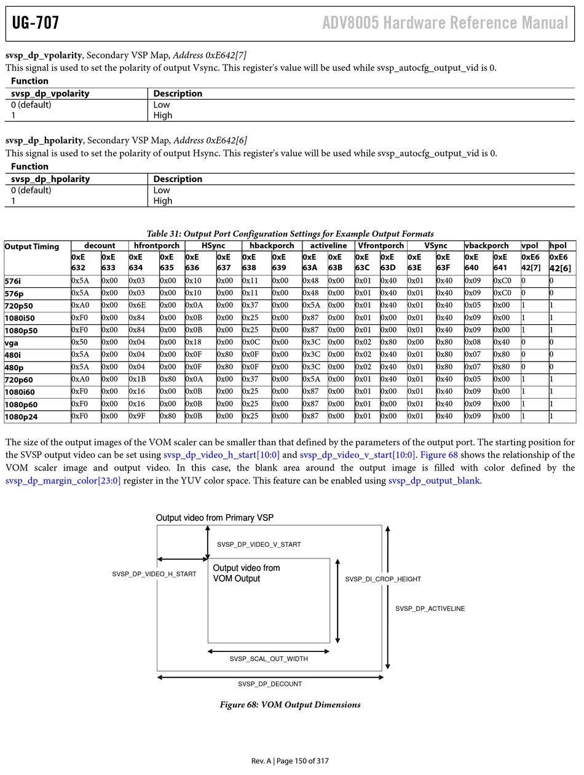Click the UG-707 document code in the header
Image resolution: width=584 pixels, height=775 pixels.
36,23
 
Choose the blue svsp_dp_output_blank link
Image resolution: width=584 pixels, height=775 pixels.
434,481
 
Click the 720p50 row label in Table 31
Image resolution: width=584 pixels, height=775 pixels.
19,306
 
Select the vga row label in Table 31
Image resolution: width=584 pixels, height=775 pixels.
11,343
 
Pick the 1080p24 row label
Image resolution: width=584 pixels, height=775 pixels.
21,416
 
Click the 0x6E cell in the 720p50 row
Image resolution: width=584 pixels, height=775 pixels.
136,306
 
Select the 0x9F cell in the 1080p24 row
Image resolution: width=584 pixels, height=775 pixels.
136,416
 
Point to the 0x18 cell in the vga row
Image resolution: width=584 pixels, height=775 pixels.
193,343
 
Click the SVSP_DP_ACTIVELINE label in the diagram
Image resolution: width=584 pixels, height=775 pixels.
430,609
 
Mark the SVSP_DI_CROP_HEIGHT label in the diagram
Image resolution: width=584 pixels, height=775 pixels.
383,579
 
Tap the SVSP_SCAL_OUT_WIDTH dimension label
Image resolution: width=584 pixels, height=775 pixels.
269,659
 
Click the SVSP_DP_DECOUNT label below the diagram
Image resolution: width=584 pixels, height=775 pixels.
270,684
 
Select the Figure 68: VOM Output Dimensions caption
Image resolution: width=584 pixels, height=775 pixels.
290,705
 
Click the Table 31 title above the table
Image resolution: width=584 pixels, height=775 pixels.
290,234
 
